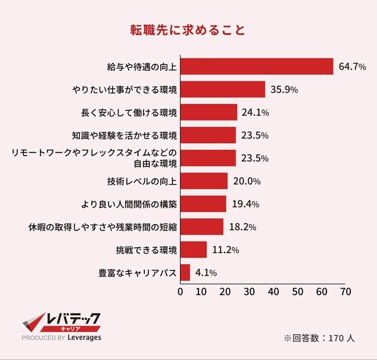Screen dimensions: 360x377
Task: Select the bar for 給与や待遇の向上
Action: click(x=257, y=67)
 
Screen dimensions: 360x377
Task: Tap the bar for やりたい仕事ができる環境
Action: click(x=223, y=89)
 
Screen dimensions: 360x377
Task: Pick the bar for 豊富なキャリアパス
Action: click(x=185, y=272)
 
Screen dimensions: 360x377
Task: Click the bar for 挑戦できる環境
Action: click(x=194, y=250)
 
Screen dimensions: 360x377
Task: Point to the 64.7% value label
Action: click(x=352, y=67)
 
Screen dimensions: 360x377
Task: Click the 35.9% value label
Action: click(x=284, y=89)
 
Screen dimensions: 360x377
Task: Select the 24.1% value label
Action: click(x=256, y=112)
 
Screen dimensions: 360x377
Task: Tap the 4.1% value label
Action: click(x=206, y=272)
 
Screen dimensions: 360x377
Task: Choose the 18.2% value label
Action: click(x=242, y=227)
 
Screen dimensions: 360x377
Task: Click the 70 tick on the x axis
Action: click(x=346, y=291)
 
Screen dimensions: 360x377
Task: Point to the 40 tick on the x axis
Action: click(x=275, y=291)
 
